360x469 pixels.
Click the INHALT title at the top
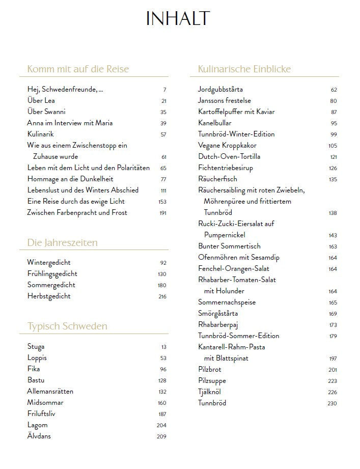[x=178, y=19]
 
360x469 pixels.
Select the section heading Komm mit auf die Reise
[x=78, y=69]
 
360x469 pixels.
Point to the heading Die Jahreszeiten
[x=62, y=243]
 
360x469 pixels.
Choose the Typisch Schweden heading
[x=67, y=326]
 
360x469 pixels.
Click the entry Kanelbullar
[x=215, y=123]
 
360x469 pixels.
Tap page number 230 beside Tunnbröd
[x=332, y=403]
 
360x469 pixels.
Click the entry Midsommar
[x=45, y=403]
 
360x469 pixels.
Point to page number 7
[x=164, y=90]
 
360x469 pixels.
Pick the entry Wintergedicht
[x=49, y=263]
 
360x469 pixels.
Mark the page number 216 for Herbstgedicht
[x=162, y=297]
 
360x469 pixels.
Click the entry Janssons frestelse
[x=225, y=101]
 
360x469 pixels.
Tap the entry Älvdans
[x=39, y=436]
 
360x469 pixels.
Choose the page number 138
[x=332, y=213]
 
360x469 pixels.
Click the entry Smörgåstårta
[x=218, y=314]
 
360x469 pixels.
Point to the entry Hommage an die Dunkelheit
[x=70, y=179]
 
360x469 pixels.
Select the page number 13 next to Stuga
[x=163, y=347]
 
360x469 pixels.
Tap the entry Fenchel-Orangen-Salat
[x=234, y=269]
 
